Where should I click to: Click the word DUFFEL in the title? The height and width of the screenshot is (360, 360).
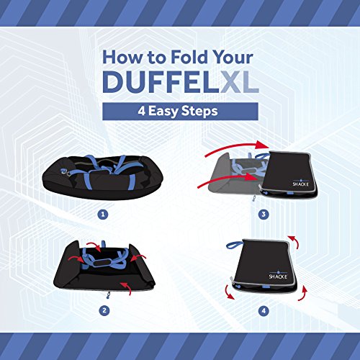click(x=161, y=81)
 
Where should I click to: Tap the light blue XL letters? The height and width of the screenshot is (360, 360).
click(x=240, y=81)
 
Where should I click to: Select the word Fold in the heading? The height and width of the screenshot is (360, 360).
click(x=189, y=57)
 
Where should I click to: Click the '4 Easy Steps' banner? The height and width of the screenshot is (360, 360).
click(x=180, y=112)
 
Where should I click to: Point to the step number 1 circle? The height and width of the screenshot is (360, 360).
click(x=103, y=215)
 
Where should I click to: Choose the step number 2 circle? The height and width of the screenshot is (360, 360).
click(x=104, y=310)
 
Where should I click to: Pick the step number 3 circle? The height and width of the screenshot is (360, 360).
click(x=264, y=214)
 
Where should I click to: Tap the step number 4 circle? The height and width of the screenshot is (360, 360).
click(x=264, y=311)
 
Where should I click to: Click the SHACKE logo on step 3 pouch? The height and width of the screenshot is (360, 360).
click(x=300, y=183)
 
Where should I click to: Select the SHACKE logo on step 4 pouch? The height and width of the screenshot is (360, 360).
click(x=278, y=276)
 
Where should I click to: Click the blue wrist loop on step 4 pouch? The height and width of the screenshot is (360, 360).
click(x=234, y=245)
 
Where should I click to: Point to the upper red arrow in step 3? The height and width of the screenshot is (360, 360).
click(x=237, y=148)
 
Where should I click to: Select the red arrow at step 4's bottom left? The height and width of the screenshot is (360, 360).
click(x=228, y=293)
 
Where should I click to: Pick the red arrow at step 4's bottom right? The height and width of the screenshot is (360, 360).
click(x=304, y=294)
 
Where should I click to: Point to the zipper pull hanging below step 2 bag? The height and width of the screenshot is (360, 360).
click(x=109, y=295)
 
